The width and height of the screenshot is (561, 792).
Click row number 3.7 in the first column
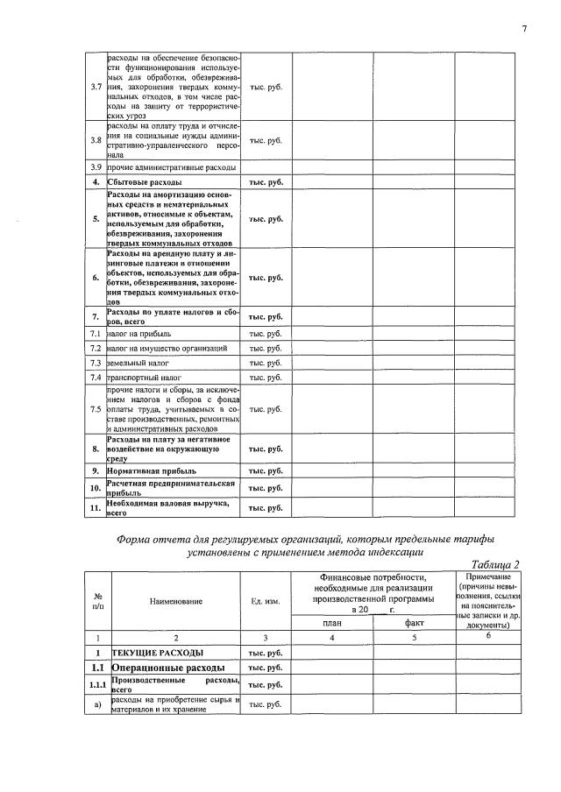pos(96,87)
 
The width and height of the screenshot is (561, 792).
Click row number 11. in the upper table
pos(96,507)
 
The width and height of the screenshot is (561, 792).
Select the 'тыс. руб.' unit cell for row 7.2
pos(266,348)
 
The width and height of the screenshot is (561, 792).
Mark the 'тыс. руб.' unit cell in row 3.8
pos(266,140)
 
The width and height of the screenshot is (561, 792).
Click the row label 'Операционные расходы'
pos(166,668)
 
